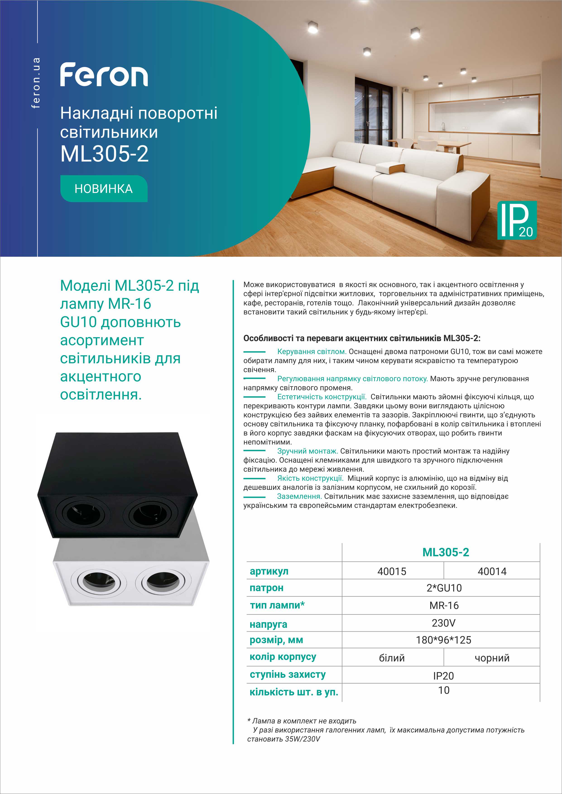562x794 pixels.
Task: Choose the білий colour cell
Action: (x=392, y=658)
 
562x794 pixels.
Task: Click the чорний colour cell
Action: (x=492, y=658)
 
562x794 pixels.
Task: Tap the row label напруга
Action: (x=268, y=624)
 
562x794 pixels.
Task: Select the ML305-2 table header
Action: (x=446, y=552)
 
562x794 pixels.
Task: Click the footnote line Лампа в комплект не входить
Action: (x=302, y=721)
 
